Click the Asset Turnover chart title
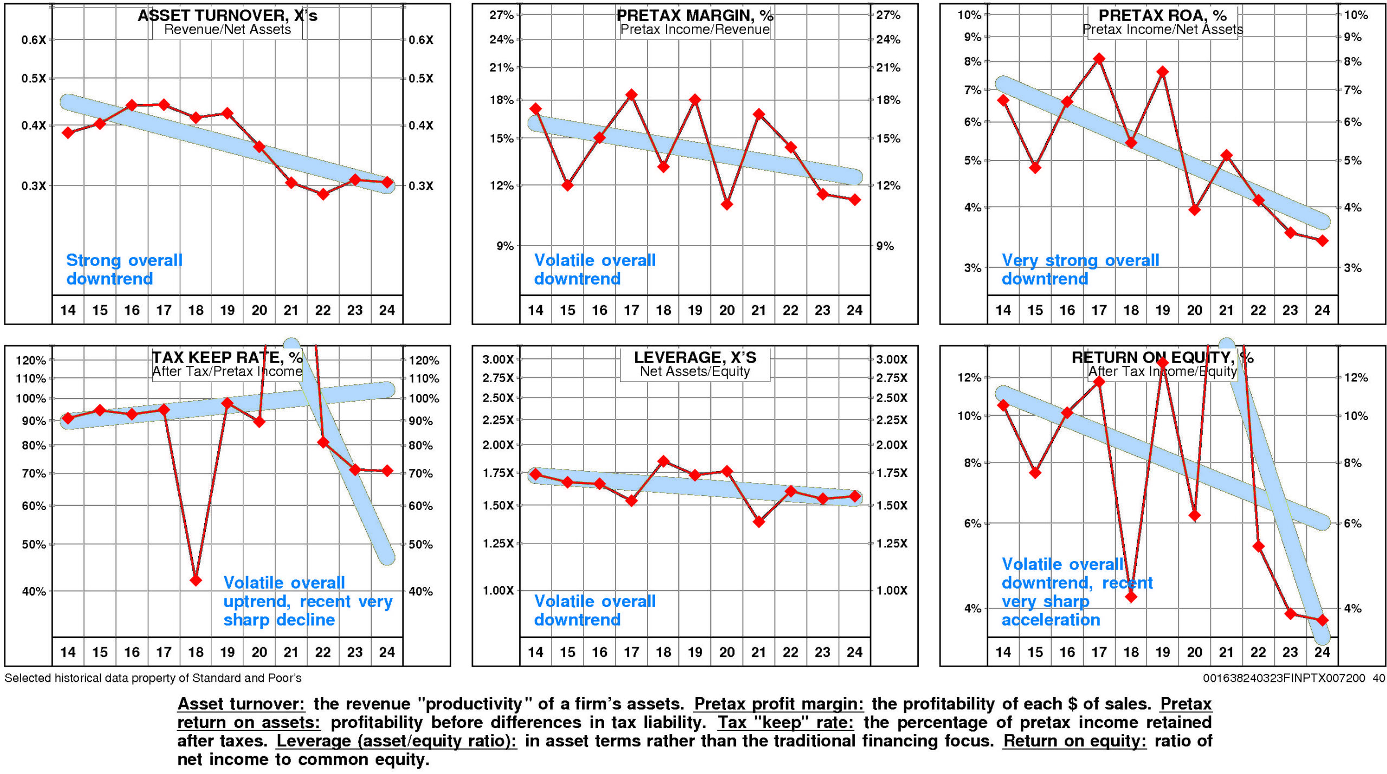pos(228,16)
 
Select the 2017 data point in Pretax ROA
pos(1099,59)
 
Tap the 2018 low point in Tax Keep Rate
pos(196,580)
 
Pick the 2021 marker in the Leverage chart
pos(759,522)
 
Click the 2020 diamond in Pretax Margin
pos(727,204)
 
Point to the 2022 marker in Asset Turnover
pos(323,194)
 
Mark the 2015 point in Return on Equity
pos(1035,473)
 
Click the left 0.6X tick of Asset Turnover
pos(34,40)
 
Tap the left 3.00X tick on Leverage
pos(498,359)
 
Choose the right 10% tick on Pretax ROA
pos(1356,15)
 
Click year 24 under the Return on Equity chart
pos(1322,652)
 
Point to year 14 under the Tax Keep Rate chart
pos(68,652)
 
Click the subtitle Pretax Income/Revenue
pos(695,29)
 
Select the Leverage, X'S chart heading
pos(695,358)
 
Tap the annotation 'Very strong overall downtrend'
pos(1080,269)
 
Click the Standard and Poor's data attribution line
pos(153,678)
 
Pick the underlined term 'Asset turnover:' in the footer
pos(241,704)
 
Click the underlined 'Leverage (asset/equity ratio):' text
pos(396,741)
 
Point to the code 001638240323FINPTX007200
pos(1284,678)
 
